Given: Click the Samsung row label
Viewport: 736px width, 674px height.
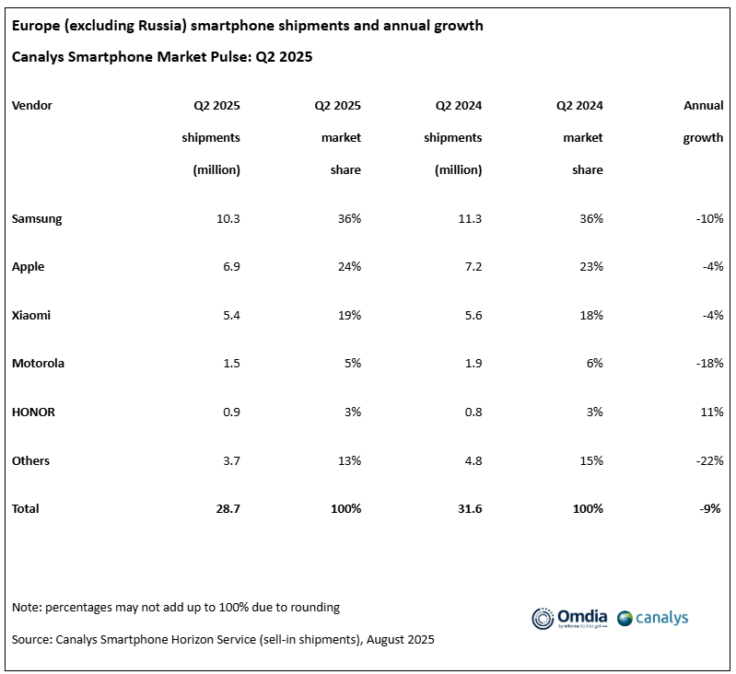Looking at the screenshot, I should pyautogui.click(x=37, y=219).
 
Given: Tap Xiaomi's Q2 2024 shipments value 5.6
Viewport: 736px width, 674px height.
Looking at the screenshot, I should pyautogui.click(x=471, y=315).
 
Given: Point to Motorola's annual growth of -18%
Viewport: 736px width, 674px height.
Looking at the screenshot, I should pyautogui.click(x=709, y=364).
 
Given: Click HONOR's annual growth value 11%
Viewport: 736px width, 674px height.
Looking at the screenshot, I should pyautogui.click(x=712, y=412).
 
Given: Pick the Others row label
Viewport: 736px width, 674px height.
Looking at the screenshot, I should pyautogui.click(x=31, y=460).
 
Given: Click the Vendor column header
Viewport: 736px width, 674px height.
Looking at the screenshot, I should pyautogui.click(x=32, y=106).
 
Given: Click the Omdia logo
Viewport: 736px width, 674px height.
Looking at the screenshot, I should pyautogui.click(x=569, y=618).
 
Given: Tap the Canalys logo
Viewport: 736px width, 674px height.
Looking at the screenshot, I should pyautogui.click(x=653, y=618).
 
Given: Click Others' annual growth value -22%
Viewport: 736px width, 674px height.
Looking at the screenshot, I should pyautogui.click(x=709, y=460).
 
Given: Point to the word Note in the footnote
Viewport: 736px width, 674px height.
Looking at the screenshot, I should pyautogui.click(x=27, y=608).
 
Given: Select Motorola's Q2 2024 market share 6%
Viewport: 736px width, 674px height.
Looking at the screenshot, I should pyautogui.click(x=593, y=364).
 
